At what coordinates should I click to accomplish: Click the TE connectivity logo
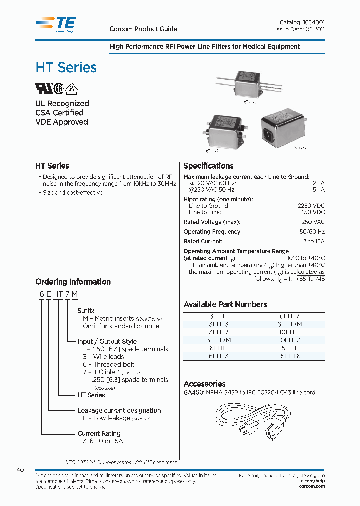coord(56,24)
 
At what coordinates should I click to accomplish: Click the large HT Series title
coord(66,67)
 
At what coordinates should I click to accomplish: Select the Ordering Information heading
coord(73,282)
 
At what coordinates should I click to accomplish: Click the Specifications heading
coord(208,166)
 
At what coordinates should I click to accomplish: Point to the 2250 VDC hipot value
coord(311,206)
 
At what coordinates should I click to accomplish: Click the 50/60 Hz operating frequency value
coord(313,232)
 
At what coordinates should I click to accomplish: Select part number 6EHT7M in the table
coord(289,324)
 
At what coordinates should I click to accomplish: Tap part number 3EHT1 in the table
coord(218,316)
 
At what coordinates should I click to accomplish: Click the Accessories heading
coord(204,384)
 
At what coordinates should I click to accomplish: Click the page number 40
coord(20,470)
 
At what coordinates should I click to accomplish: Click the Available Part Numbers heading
coord(225,304)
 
